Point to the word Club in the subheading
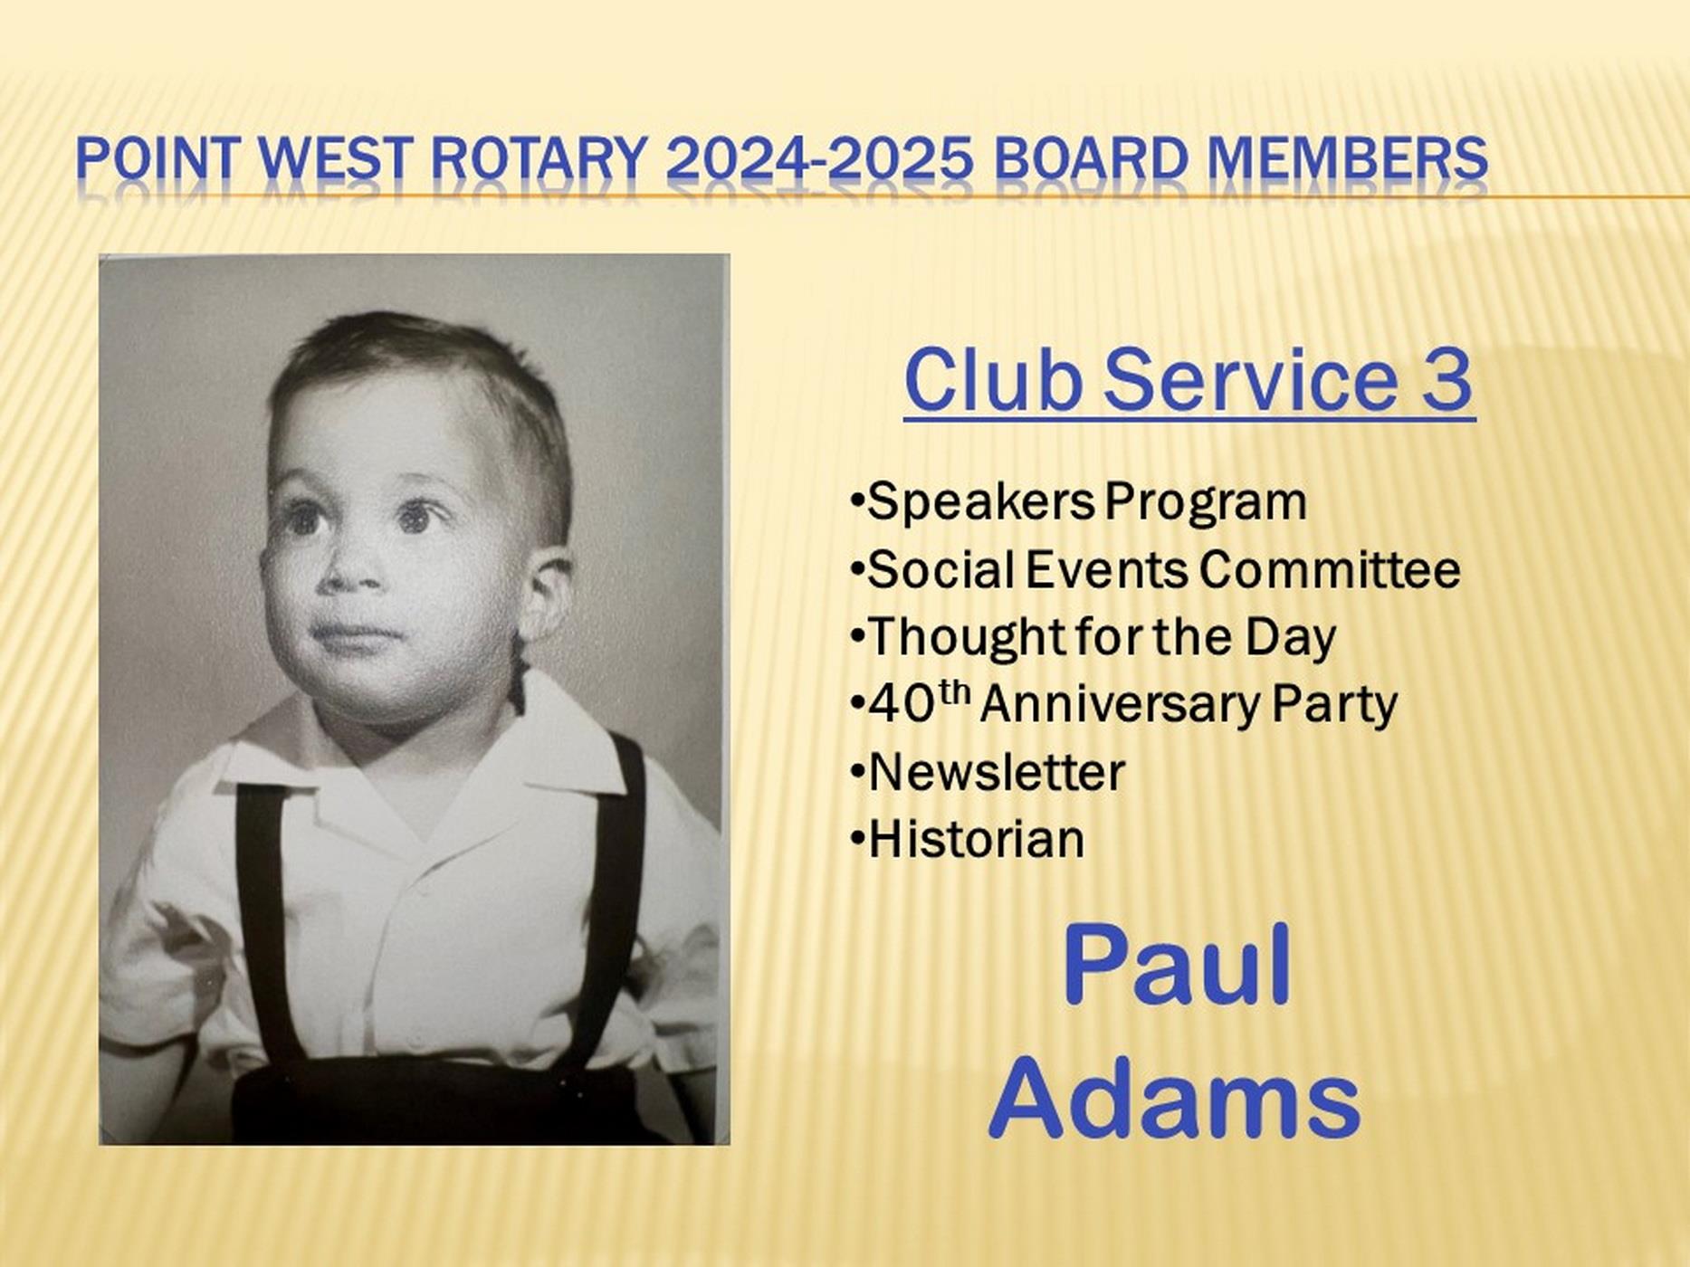993,379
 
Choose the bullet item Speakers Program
1079,503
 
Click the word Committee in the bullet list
1330,570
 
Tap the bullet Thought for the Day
1093,637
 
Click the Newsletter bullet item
988,772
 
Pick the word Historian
977,839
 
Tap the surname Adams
1175,1098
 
